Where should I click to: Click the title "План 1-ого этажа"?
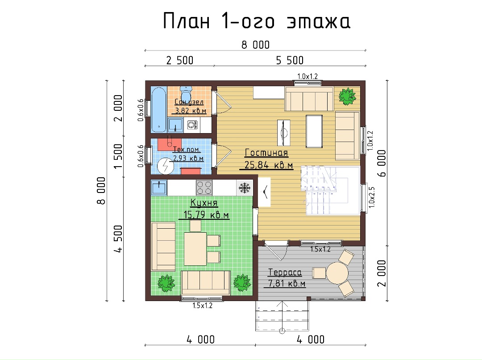coord(256,21)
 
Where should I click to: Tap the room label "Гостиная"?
coord(266,153)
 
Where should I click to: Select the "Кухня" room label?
coord(204,203)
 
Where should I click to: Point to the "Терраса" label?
coord(285,272)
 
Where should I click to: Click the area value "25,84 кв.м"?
coord(268,165)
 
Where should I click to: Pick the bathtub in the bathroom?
coord(159,109)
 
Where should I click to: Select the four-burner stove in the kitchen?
coord(204,188)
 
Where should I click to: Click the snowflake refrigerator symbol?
coord(245,188)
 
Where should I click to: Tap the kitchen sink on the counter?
coord(159,188)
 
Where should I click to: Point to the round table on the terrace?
coord(337,273)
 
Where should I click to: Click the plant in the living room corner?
coord(347,96)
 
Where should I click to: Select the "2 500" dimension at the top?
coord(180,61)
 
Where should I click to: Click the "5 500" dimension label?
coord(290,61)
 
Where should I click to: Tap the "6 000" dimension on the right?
coord(382,163)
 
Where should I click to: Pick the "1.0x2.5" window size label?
coord(372,197)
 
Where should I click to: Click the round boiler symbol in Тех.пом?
coord(166,166)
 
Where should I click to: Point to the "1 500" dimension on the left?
coord(118,156)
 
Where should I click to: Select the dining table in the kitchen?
coord(195,249)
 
